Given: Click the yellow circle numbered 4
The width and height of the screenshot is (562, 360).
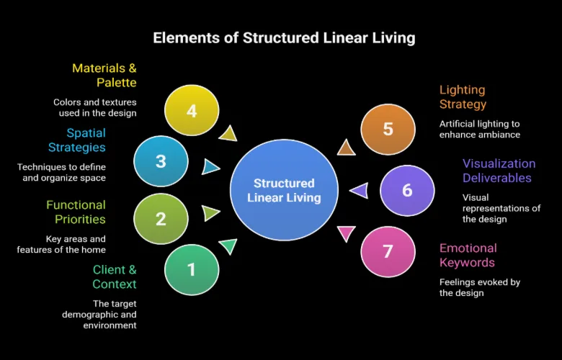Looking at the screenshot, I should (x=191, y=111).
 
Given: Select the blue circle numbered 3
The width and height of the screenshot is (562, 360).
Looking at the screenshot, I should (x=161, y=161).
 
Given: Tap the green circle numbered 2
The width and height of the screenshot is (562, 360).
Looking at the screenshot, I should (x=161, y=218).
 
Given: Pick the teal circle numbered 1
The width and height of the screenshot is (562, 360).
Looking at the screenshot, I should (x=191, y=270).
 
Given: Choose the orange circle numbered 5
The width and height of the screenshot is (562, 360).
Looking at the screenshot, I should (x=388, y=129).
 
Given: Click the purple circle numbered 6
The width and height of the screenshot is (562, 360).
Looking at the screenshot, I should (x=407, y=190).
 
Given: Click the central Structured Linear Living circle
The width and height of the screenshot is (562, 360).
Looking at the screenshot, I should (x=285, y=190).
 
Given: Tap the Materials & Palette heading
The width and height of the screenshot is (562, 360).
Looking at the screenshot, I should (x=104, y=76).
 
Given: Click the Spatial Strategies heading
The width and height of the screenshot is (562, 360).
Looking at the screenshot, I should (x=76, y=140).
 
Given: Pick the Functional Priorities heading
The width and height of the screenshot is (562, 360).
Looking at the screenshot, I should (x=76, y=212).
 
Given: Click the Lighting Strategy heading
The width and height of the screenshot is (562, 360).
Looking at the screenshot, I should (x=462, y=97).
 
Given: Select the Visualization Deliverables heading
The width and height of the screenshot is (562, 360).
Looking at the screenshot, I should (x=499, y=171).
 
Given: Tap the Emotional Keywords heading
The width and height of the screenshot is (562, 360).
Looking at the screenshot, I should (x=468, y=255).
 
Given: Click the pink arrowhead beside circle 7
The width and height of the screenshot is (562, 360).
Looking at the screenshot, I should (x=347, y=233).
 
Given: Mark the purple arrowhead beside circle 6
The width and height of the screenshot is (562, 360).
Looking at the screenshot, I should (x=359, y=190).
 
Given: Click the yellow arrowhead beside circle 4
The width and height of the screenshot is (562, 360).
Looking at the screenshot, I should (x=228, y=132).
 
